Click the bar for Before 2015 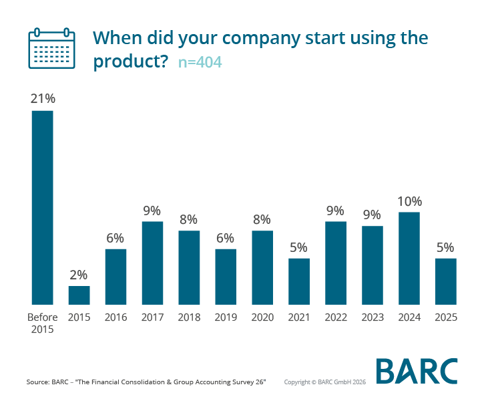point(42,207)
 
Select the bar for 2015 point(79,295)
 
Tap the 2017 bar point(152,263)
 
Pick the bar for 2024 point(409,258)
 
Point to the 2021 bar point(299,281)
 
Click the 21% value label point(42,98)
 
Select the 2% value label point(79,274)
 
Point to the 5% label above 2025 point(446,247)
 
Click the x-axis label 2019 point(226,317)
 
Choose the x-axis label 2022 point(336,317)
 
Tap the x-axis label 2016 point(115,317)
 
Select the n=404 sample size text point(200,63)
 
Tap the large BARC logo point(417,372)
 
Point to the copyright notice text point(325,382)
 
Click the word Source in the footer point(37,382)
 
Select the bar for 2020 point(262,267)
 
